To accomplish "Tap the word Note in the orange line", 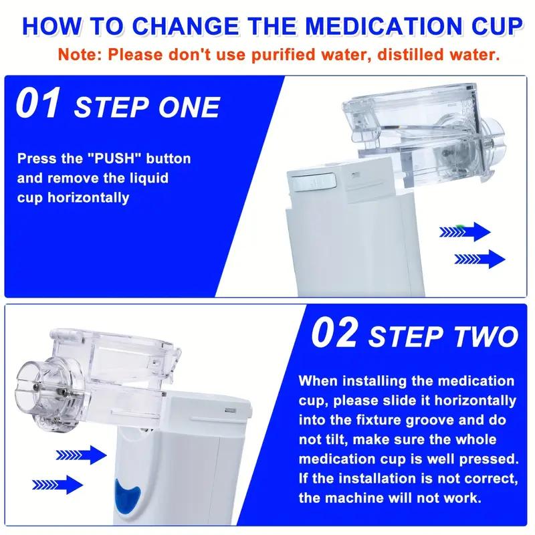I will click(x=74, y=54).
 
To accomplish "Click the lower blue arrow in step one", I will click(x=479, y=258).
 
